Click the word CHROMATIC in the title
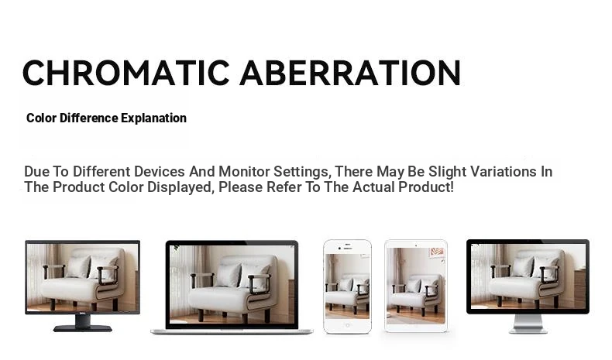click(126, 73)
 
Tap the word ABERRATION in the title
click(350, 73)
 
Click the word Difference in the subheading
click(88, 118)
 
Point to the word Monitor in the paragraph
click(244, 172)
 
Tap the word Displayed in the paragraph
click(181, 187)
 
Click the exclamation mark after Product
click(452, 187)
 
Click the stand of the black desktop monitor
click(83, 323)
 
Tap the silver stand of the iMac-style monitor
click(528, 324)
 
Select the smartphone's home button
click(347, 325)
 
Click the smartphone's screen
click(347, 286)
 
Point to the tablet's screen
click(416, 286)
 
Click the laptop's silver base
click(232, 331)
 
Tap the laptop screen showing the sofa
click(232, 284)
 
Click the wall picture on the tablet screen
click(437, 252)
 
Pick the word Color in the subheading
click(41, 118)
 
